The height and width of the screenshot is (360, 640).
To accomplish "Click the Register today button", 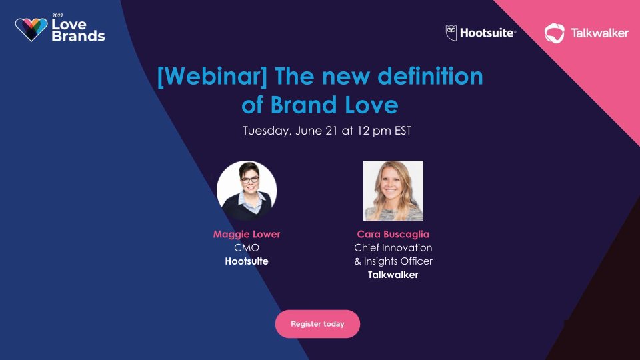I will coord(317,324).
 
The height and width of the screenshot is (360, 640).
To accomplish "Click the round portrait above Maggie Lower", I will coord(247,191).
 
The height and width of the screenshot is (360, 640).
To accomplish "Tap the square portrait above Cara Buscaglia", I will coord(393,191).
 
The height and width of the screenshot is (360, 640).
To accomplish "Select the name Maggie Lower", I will coord(247,234).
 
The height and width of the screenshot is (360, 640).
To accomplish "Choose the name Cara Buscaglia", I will coord(393,234).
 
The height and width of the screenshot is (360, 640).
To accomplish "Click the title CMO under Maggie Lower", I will coord(247,248).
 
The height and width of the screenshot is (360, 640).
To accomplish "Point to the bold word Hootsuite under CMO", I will coord(247,261).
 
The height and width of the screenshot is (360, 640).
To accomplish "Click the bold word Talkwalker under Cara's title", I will coord(393,275).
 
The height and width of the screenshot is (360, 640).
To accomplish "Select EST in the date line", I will coord(401,131).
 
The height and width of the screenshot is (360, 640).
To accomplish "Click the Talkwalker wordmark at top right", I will coord(599,33).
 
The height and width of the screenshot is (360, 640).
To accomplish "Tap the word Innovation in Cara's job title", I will coord(409,248).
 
